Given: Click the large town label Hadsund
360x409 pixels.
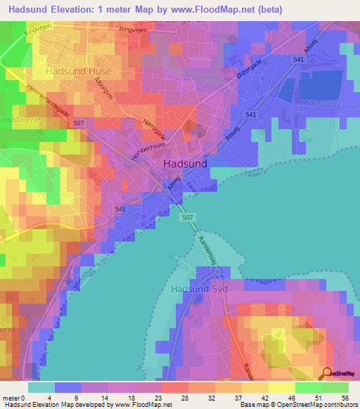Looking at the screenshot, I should coord(185,162).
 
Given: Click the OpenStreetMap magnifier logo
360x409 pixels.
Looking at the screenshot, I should coord(328,373).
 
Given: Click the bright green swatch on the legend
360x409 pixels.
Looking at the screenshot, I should coord(308,387).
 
